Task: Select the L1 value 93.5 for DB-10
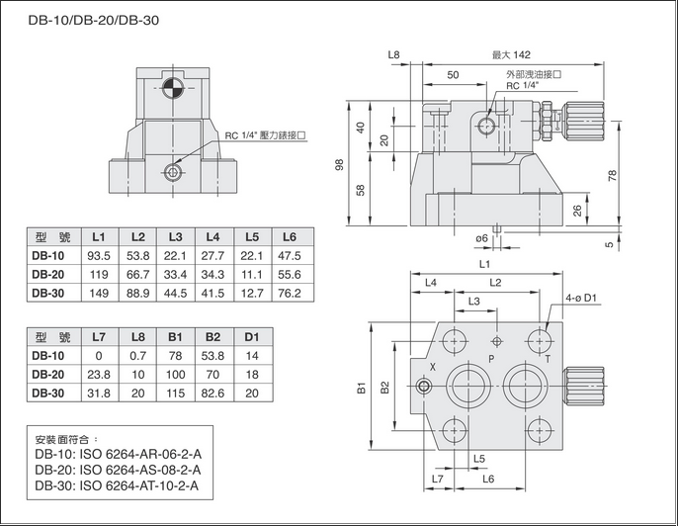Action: pos(99,255)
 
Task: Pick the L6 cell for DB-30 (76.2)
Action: pos(289,293)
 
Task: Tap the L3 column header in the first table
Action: pos(175,237)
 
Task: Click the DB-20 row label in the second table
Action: pos(48,374)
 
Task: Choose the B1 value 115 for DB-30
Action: pos(175,393)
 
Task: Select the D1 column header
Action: pos(251,337)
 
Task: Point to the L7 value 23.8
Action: pos(99,374)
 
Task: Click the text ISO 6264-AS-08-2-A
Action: pos(144,469)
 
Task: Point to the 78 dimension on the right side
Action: pos(613,174)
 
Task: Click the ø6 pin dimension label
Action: pos(482,238)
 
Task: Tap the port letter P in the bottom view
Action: pos(491,356)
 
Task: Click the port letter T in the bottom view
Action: pos(548,359)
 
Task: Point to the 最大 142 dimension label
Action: pos(511,54)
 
